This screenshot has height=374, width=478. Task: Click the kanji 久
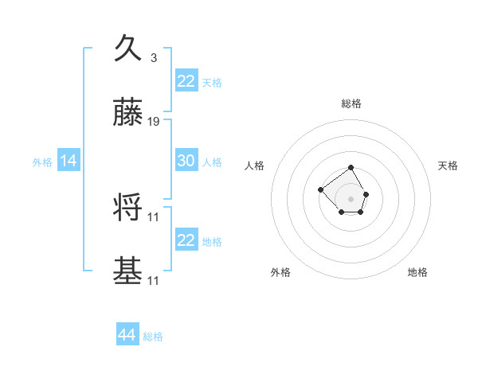coord(128,49)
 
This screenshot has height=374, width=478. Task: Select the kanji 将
coord(128,208)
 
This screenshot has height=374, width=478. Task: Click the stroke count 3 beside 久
coord(153,57)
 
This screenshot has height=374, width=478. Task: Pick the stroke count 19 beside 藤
coord(154,122)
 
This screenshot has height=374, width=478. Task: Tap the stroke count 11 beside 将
coord(154,216)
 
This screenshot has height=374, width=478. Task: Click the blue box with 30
coord(186,161)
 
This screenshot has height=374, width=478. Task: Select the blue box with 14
coord(69,162)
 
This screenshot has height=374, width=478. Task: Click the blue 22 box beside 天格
coord(186,81)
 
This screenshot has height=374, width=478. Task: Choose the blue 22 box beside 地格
coord(186,240)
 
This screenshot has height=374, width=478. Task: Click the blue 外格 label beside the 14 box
coord(42,162)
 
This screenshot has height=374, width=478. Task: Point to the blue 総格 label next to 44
coord(153,337)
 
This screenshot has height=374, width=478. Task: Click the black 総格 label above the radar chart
coord(351,103)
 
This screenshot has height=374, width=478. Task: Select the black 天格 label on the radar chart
coord(448,166)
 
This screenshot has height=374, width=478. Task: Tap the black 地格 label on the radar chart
coord(417,272)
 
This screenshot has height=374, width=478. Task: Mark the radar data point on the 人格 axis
coord(320,189)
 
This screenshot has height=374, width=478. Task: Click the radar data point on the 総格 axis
coord(351,168)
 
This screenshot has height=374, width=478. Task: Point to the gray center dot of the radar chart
coord(351,199)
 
